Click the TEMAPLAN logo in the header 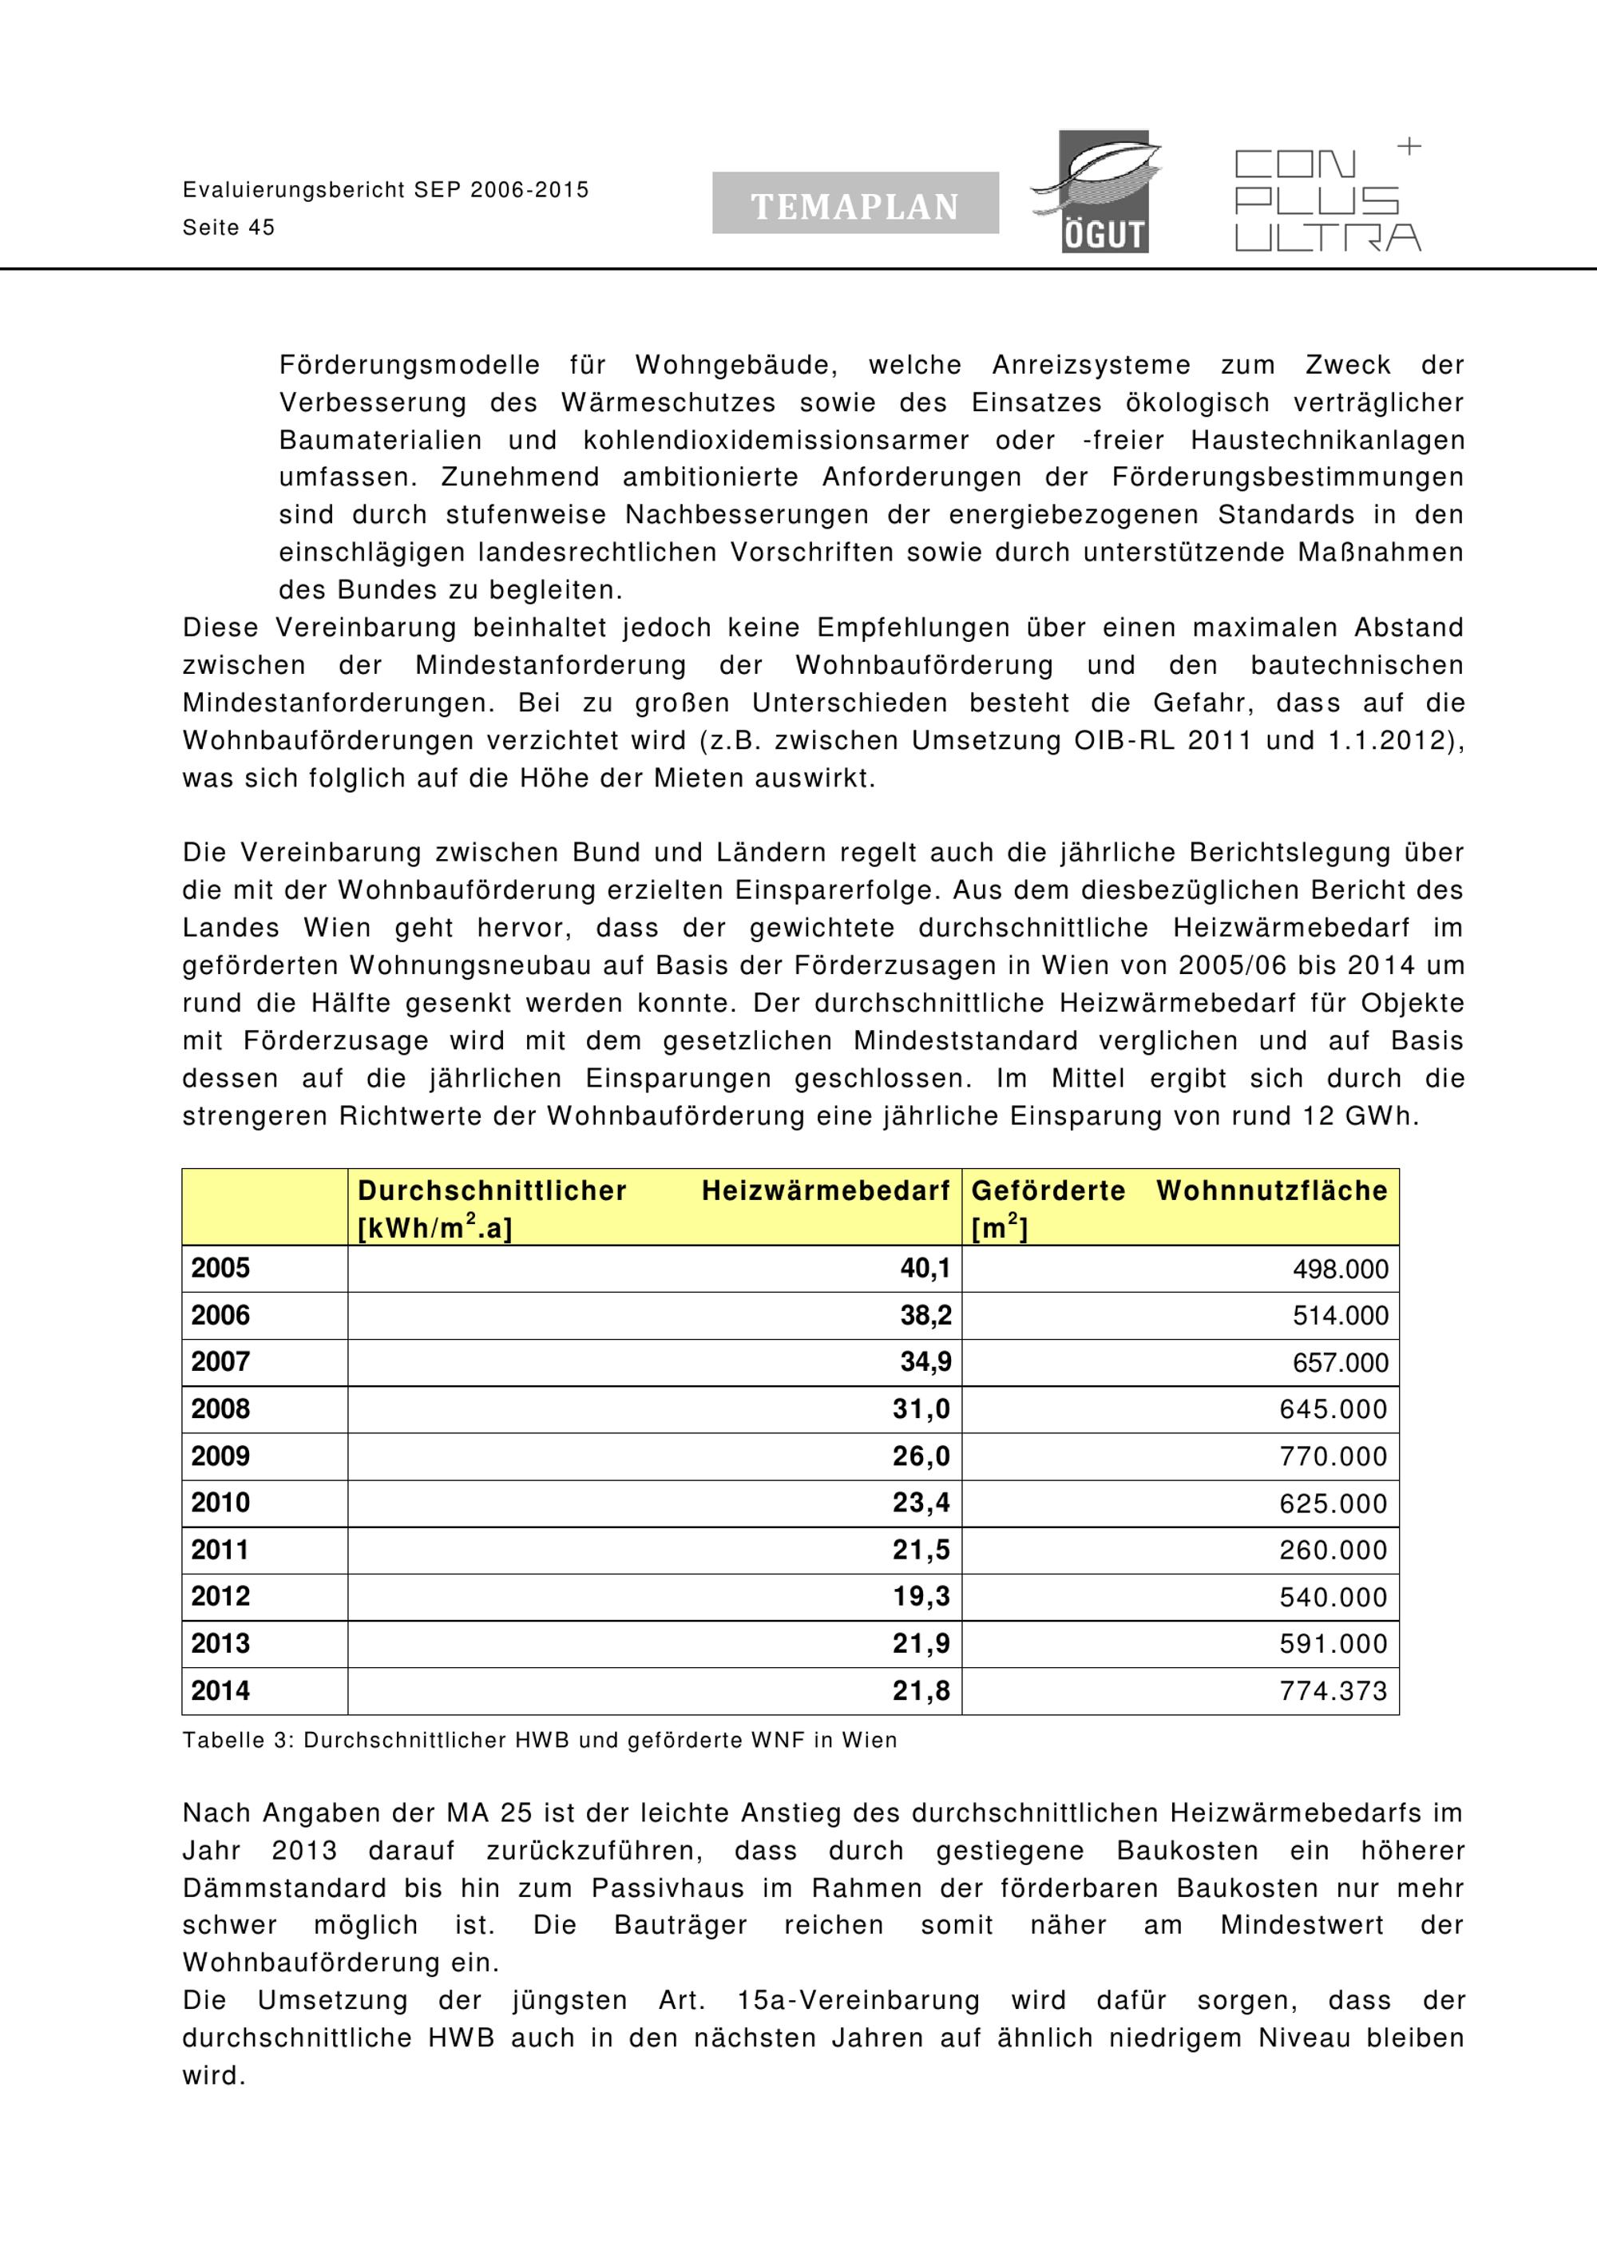coord(854,204)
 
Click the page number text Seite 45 coord(228,228)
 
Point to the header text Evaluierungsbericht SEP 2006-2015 coord(386,190)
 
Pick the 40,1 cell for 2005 coord(925,1269)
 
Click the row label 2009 coord(220,1456)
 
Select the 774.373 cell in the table coord(1333,1692)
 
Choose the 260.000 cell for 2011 coord(1333,1551)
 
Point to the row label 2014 coord(220,1692)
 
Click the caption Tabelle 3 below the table coord(539,1741)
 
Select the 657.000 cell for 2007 coord(1339,1363)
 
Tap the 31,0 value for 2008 coord(921,1409)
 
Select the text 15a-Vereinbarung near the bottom coord(858,2000)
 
